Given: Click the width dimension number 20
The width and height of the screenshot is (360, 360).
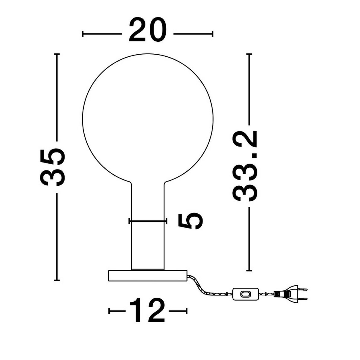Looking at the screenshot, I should tap(147, 30).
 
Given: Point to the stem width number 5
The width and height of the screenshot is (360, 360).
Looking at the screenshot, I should tap(190, 221).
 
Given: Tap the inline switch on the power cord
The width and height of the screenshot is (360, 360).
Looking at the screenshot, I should tap(245, 294).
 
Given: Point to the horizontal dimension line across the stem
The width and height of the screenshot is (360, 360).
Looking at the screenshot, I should tap(148, 221).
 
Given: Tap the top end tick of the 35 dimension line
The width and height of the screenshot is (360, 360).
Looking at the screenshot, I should tap(56, 54).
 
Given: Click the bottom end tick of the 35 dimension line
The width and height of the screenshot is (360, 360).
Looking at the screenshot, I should tap(56, 280).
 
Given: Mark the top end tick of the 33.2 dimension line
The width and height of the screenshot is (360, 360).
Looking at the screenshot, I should tap(249, 54).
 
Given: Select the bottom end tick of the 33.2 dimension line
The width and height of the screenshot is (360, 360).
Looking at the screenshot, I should tap(249, 271).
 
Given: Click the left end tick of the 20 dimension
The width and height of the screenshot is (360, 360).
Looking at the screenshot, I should tap(83, 34).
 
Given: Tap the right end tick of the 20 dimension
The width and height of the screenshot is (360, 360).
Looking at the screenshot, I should tap(212, 34).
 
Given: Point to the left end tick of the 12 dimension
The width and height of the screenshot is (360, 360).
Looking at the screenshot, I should tap(109, 311).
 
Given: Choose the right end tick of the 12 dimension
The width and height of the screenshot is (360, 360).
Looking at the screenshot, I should tap(187, 311).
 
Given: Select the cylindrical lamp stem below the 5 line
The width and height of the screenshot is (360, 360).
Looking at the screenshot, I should tap(148, 246).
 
